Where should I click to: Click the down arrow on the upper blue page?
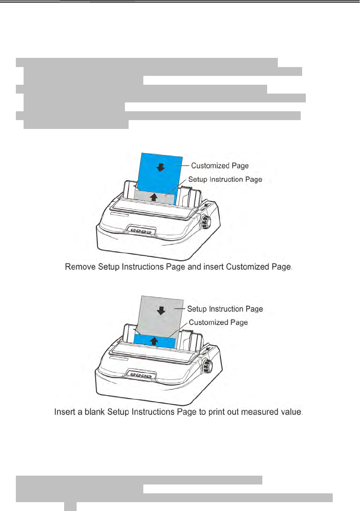pos(160,168)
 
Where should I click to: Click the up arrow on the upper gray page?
pos(154,197)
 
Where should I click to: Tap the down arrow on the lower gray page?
pos(161,311)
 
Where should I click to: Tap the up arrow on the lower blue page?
pos(154,341)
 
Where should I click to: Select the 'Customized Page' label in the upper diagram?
pos(220,166)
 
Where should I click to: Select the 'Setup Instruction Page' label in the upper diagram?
pos(225,179)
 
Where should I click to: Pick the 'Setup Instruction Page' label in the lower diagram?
pos(225,309)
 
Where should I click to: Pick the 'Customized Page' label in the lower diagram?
pos(218,322)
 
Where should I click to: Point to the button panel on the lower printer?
pos(141,376)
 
